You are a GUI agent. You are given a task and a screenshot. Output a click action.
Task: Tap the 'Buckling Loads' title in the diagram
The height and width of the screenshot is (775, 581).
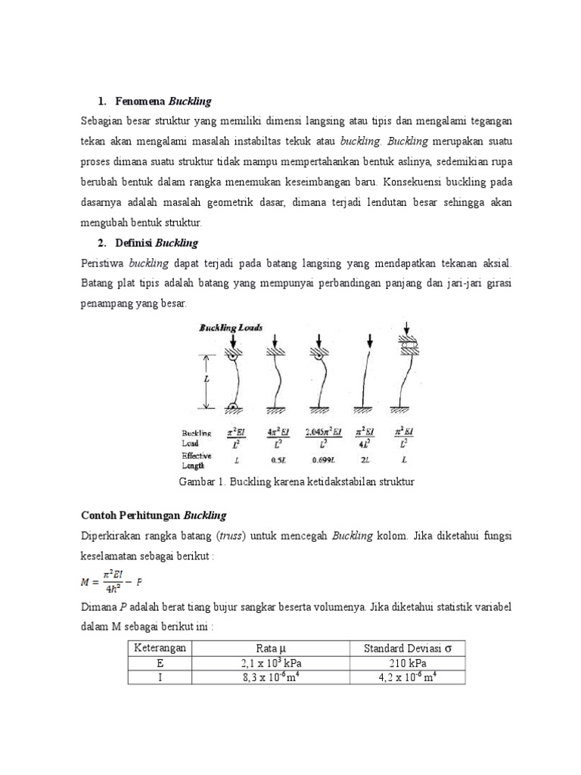231,328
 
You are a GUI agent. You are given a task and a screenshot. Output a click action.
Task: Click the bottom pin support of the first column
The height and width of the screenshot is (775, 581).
233,409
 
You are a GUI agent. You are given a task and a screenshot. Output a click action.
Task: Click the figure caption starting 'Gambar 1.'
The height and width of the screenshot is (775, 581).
297,481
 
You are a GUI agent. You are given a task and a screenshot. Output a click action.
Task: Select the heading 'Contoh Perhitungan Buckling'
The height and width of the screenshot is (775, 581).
154,515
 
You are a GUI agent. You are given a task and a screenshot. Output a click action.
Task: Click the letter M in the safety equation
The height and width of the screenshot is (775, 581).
85,581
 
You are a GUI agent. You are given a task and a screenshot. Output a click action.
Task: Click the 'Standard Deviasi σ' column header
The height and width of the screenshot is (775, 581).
407,649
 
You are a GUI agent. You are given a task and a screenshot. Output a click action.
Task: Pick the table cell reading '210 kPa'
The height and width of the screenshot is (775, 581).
407,663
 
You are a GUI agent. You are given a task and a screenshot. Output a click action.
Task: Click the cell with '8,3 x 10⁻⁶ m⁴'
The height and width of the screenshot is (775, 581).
271,677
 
